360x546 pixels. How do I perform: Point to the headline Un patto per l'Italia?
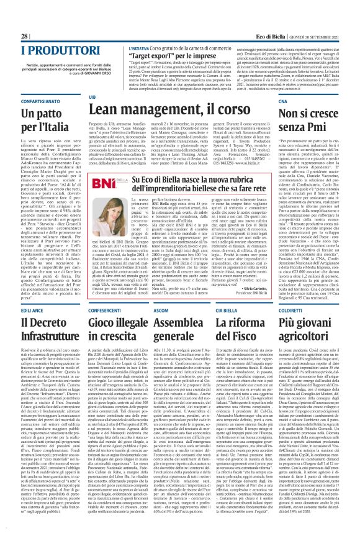coord(38,122)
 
